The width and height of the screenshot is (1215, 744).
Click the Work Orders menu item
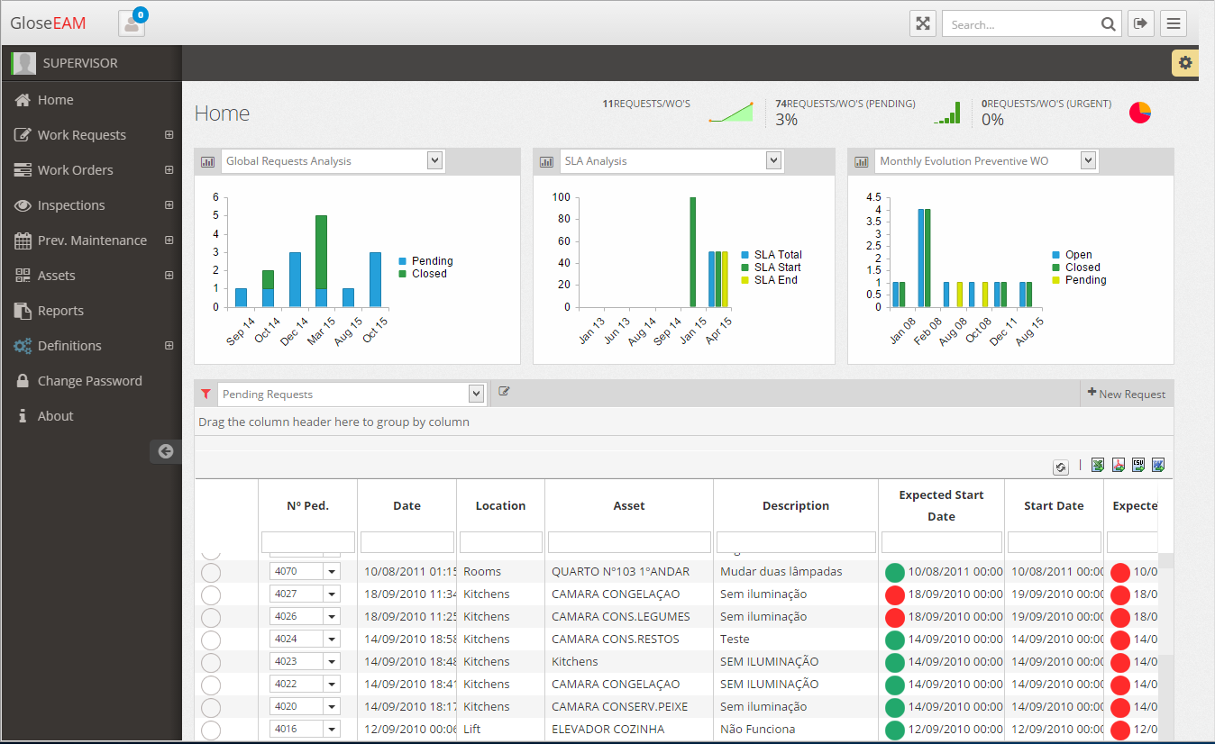point(75,170)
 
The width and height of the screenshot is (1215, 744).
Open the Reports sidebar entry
point(60,311)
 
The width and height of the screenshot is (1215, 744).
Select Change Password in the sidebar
point(89,381)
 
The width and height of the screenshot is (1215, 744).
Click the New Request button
point(1127,394)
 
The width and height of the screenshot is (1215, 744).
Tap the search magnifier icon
point(1108,24)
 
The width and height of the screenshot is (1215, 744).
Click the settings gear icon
point(1184,63)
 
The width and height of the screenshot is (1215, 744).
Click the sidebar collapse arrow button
point(166,451)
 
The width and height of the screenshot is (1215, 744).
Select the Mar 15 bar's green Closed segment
point(321,251)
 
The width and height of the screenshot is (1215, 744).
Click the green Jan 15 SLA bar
point(693,252)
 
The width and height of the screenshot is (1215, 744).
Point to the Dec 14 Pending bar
point(295,279)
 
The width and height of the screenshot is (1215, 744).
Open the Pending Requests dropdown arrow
point(477,394)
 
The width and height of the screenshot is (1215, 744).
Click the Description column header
point(795,506)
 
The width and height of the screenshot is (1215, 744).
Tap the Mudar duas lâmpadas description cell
point(781,571)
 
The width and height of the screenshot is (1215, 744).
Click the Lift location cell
point(472,729)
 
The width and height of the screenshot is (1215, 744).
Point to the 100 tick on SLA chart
point(562,197)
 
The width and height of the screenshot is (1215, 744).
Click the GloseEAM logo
point(48,23)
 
